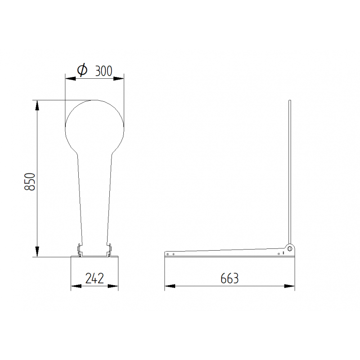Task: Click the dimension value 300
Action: tap(103, 70)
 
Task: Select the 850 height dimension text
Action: tap(30, 181)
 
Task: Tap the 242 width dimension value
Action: tap(94, 278)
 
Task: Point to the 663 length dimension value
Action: tap(229, 278)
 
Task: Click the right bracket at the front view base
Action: tap(109, 250)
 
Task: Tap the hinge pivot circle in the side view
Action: tap(290, 248)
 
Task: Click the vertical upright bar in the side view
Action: tap(290, 171)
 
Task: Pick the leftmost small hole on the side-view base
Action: tap(168, 254)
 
